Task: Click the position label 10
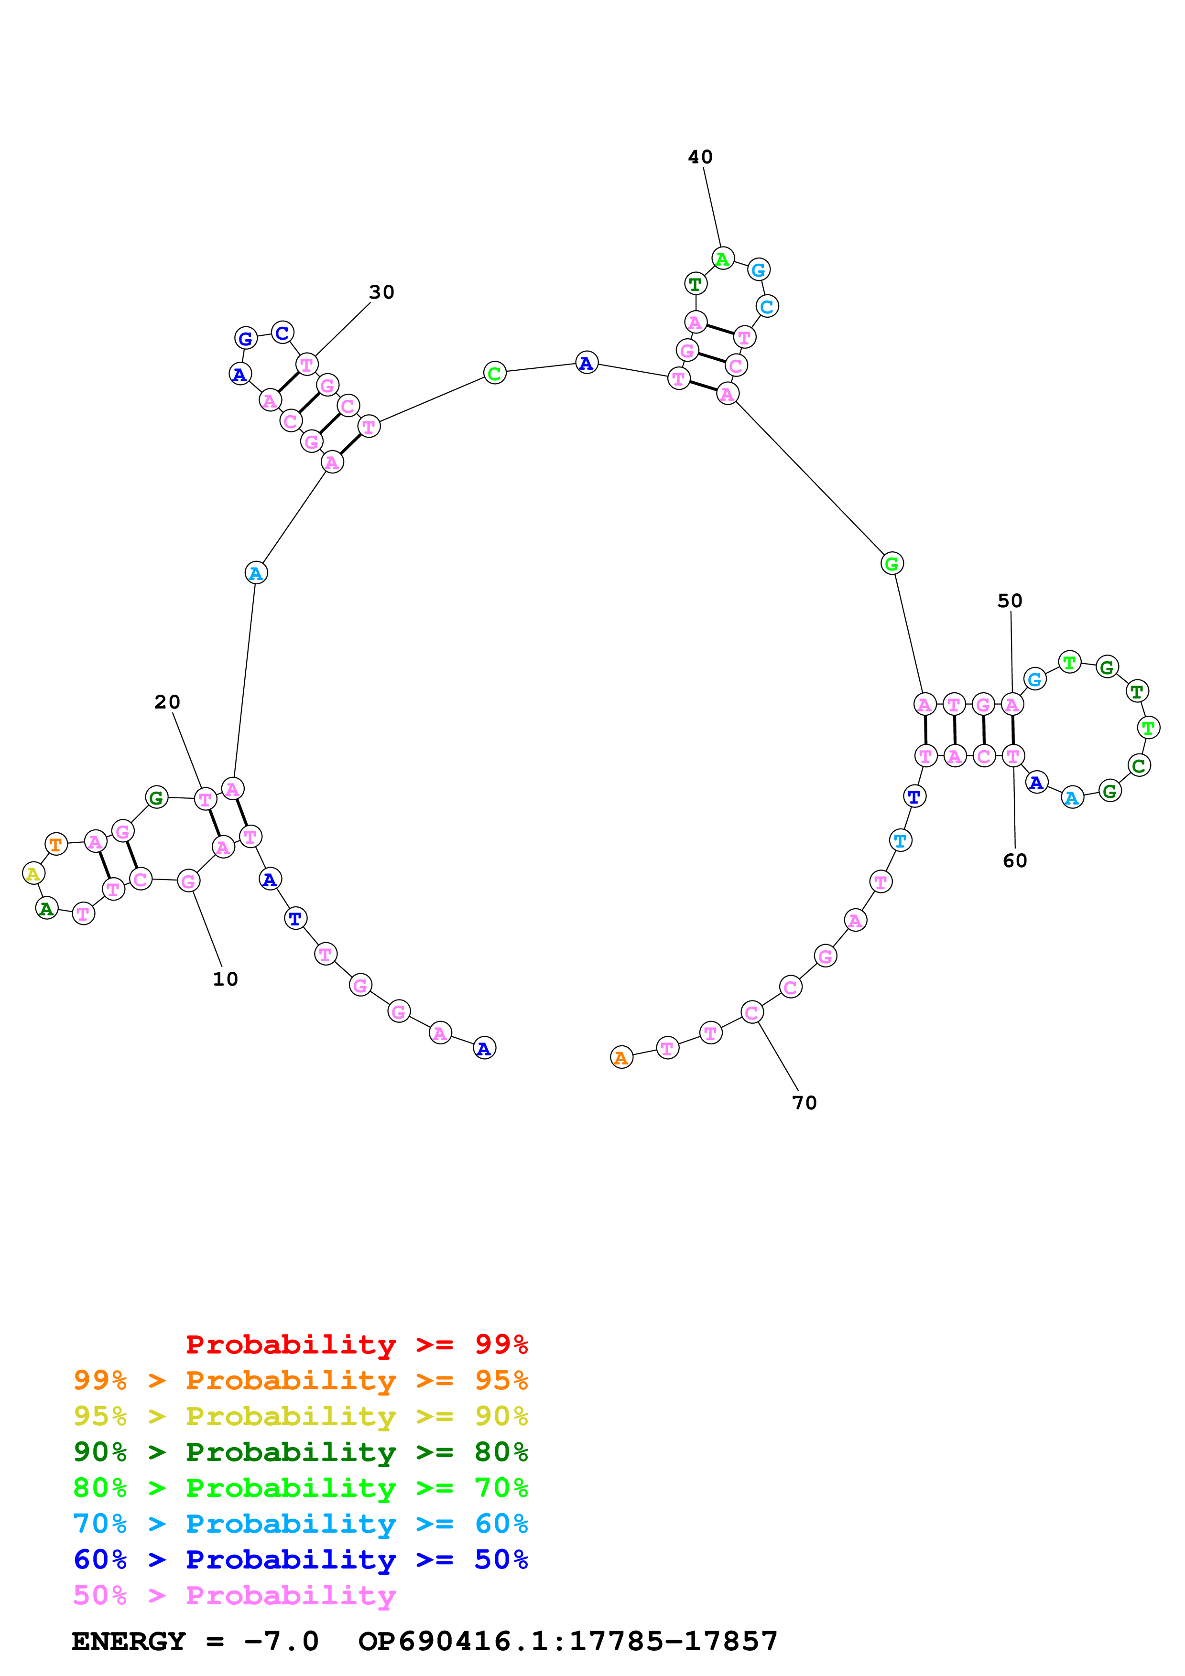(225, 979)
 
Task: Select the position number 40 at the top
(700, 157)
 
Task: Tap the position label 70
(804, 1102)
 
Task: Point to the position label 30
(381, 292)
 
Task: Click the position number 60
(1014, 860)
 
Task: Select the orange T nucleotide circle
(55, 845)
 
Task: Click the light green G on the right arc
(891, 564)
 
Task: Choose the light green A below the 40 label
(722, 258)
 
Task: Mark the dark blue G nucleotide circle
(246, 339)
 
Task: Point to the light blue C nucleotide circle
(767, 307)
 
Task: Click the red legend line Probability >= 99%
(356, 1344)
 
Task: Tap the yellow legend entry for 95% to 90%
(300, 1416)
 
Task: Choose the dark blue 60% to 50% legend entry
(300, 1559)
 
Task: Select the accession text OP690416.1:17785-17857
(567, 1641)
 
